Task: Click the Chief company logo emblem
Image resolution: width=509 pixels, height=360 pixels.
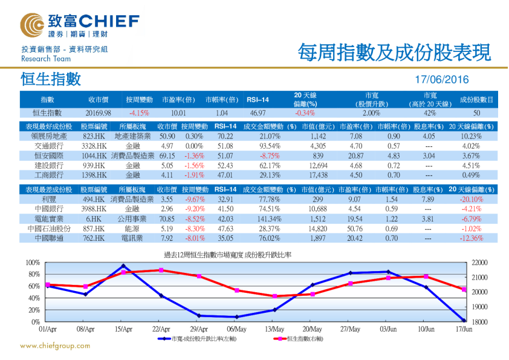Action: click(31, 25)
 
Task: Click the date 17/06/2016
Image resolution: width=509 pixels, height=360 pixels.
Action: click(443, 80)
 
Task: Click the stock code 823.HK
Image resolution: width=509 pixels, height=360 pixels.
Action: click(94, 137)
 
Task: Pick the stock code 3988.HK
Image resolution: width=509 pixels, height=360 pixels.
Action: click(94, 209)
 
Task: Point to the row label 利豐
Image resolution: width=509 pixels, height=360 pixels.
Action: click(49, 199)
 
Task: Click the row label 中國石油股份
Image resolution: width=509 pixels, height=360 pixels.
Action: click(49, 229)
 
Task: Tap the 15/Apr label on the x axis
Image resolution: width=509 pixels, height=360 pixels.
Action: click(123, 330)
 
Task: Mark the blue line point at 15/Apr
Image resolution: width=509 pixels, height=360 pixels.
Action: click(123, 266)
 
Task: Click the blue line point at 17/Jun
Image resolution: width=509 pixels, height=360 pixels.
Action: click(464, 320)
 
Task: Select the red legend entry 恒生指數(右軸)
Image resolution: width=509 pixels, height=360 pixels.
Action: click(297, 340)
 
